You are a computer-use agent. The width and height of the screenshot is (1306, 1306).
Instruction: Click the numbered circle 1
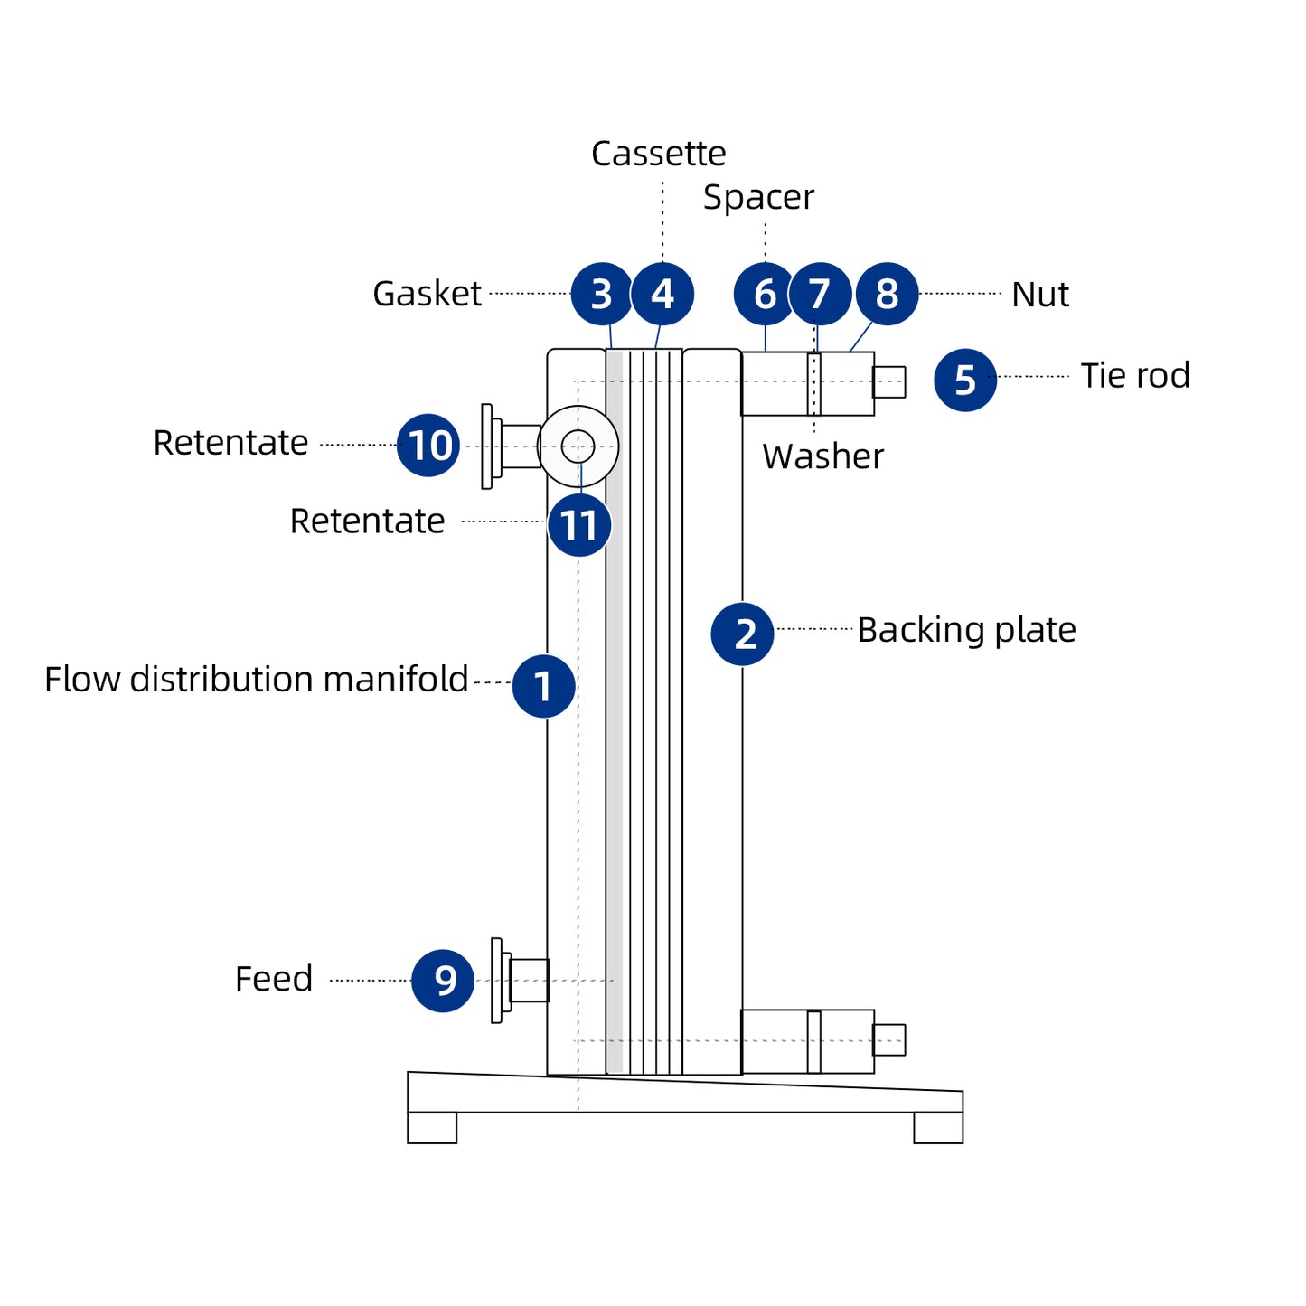click(543, 686)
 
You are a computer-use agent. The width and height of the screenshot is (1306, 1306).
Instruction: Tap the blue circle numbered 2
click(742, 634)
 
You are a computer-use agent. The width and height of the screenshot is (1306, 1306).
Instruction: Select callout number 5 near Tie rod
click(964, 380)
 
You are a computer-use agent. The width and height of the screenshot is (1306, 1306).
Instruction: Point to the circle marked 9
click(443, 981)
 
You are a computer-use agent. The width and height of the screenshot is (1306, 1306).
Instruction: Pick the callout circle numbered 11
click(579, 525)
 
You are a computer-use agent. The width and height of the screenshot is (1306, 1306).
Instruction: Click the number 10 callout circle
click(428, 446)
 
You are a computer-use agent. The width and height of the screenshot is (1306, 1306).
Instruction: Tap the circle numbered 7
click(820, 294)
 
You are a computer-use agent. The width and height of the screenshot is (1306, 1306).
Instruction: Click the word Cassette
click(658, 154)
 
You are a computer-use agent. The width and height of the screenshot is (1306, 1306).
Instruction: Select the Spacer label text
click(758, 198)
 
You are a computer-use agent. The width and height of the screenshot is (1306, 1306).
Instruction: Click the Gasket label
click(427, 294)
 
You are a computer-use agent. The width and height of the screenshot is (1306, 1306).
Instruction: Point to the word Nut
click(1039, 295)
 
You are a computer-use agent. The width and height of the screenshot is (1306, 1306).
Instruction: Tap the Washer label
click(822, 456)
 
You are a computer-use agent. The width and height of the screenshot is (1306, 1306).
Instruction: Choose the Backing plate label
click(966, 630)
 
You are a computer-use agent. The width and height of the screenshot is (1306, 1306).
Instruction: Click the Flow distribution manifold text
click(256, 680)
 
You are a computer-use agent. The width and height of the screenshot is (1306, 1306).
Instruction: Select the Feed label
click(274, 979)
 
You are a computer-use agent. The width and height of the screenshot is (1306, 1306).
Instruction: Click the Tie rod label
click(1135, 376)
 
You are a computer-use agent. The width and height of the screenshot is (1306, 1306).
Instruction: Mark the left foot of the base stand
click(432, 1128)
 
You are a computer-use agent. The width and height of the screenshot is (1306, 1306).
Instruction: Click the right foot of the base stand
click(938, 1128)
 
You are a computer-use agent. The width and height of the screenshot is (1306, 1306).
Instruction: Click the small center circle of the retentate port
click(578, 446)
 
